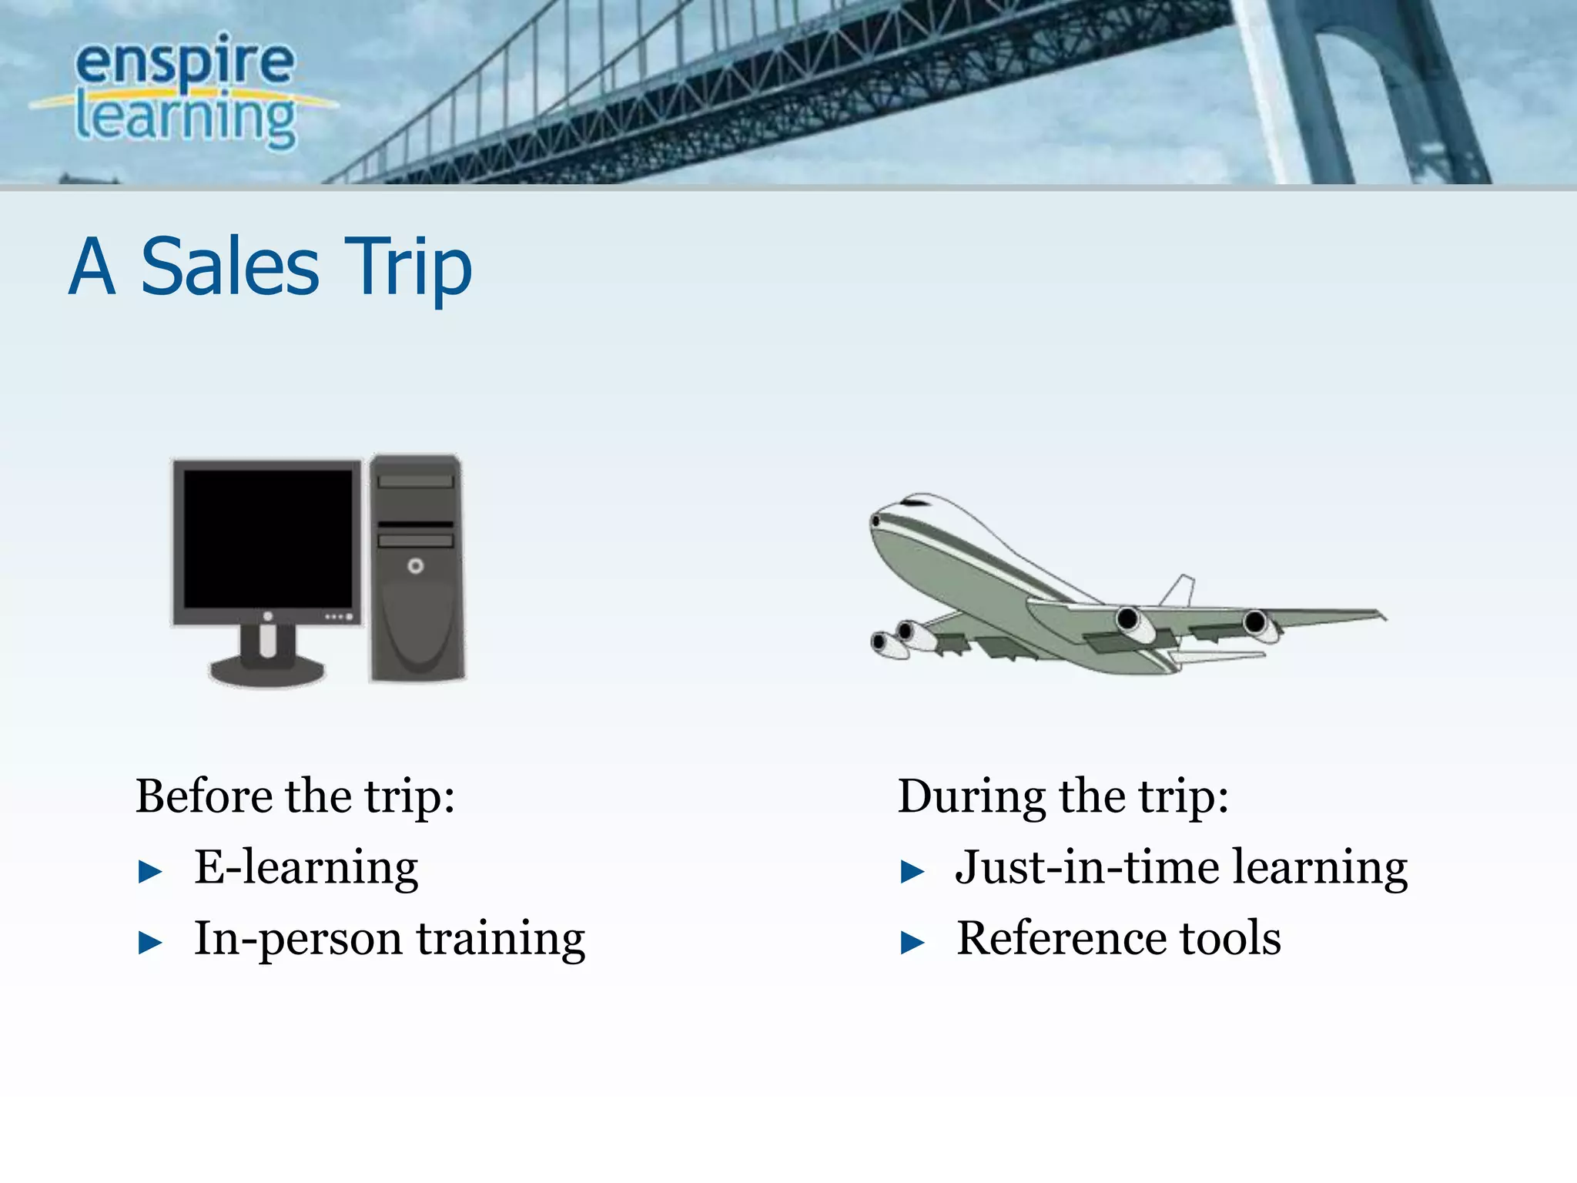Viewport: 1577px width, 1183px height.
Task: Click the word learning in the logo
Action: [185, 119]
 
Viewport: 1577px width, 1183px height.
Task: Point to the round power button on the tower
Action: [416, 566]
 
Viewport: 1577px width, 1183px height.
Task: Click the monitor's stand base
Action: [266, 672]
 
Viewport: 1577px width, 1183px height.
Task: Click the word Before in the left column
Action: [204, 796]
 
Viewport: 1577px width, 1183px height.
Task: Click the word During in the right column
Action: [971, 796]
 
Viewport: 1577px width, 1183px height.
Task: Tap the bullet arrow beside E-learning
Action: [150, 872]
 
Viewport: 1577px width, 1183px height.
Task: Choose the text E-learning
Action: [306, 867]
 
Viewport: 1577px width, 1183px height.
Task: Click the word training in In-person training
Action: [501, 940]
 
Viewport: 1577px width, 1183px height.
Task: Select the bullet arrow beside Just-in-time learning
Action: [912, 872]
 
